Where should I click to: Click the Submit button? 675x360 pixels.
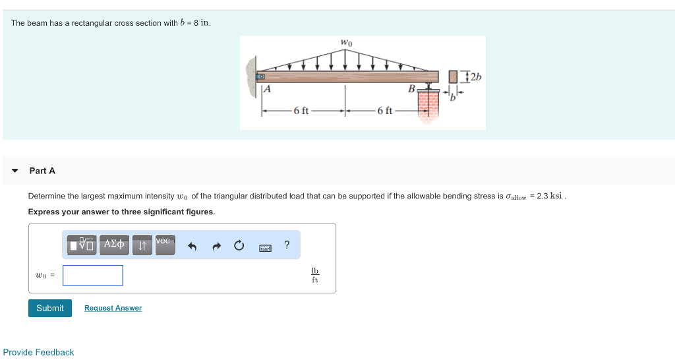[x=50, y=308]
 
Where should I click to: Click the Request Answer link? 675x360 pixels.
[x=113, y=308]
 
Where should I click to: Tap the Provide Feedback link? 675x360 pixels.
[x=38, y=352]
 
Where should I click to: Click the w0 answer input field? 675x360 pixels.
[x=93, y=275]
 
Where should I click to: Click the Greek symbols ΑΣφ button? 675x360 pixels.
[x=115, y=245]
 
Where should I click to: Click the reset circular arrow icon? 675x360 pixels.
[x=239, y=246]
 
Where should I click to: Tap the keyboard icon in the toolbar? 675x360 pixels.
[x=266, y=247]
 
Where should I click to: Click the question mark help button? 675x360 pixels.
[x=287, y=245]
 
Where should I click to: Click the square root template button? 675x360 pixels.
[x=82, y=245]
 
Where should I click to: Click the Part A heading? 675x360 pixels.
[x=42, y=171]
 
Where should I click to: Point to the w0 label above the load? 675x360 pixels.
[x=346, y=43]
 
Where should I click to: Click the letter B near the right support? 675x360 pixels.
[x=411, y=88]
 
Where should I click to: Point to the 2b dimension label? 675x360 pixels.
[x=475, y=76]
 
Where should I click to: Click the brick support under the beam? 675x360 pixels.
[x=428, y=105]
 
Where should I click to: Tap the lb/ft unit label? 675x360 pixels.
[x=314, y=276]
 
